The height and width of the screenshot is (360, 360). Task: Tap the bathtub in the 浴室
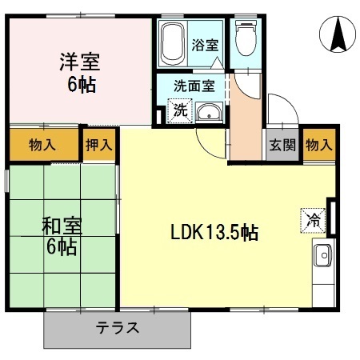pyautogui.click(x=172, y=44)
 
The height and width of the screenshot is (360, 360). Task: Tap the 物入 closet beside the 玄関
pyautogui.click(x=318, y=145)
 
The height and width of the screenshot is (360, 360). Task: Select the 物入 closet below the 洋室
pyautogui.click(x=42, y=145)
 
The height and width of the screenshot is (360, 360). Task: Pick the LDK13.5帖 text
pyautogui.click(x=213, y=233)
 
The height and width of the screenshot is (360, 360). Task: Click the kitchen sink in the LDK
pyautogui.click(x=322, y=257)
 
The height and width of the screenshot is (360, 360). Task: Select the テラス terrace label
pyautogui.click(x=118, y=328)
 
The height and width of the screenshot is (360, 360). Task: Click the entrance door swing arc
pyautogui.click(x=279, y=108)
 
